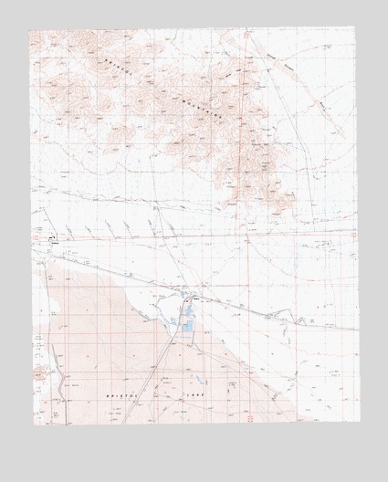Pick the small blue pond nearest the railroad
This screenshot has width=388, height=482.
194,302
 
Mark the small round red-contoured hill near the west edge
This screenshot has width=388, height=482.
38,372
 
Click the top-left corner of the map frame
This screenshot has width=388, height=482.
29,31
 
